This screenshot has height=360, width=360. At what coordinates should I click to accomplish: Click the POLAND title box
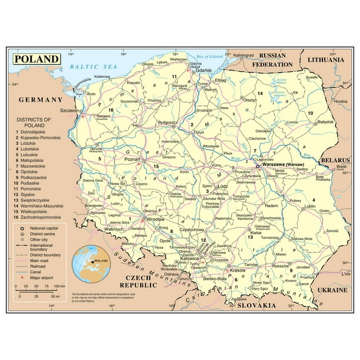[36, 59]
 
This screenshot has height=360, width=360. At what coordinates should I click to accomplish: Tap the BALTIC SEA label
[93, 66]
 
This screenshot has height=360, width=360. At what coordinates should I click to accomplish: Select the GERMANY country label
[41, 100]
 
